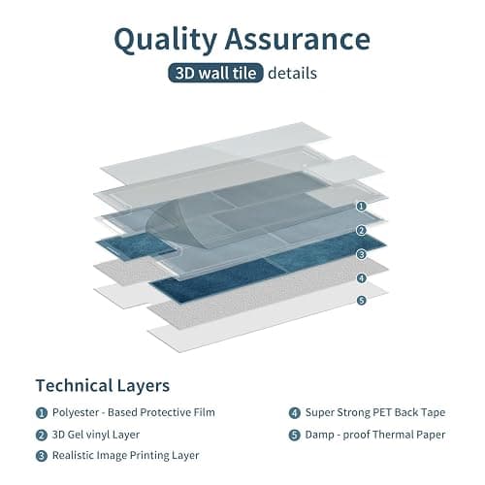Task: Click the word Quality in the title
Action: (x=165, y=40)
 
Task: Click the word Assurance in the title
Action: (x=298, y=38)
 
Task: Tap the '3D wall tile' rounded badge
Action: (x=215, y=73)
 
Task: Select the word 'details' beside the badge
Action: (x=292, y=73)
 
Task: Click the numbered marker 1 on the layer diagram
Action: (x=362, y=207)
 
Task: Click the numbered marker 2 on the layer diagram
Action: (x=362, y=230)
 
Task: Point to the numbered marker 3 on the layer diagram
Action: (x=362, y=254)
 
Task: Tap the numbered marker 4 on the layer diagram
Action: (x=362, y=277)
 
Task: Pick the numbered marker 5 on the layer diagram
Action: (x=362, y=301)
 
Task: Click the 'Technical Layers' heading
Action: (x=103, y=385)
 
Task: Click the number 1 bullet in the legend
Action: (x=42, y=413)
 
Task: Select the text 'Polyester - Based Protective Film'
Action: (x=134, y=412)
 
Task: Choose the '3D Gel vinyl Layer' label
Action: (x=96, y=435)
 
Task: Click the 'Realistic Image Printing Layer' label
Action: (x=125, y=455)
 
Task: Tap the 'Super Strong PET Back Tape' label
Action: (x=375, y=412)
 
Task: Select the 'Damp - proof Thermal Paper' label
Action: (x=375, y=435)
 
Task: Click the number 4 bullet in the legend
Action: (x=295, y=413)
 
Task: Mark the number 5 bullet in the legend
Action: (x=295, y=435)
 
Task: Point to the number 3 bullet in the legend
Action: (x=42, y=456)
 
